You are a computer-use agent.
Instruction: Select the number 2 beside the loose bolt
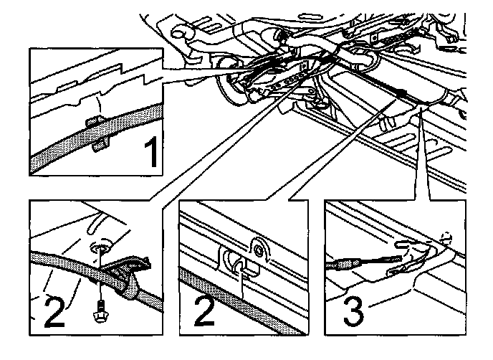click(x=54, y=311)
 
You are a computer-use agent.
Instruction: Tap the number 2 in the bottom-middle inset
click(x=204, y=311)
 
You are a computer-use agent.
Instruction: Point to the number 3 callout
click(x=353, y=311)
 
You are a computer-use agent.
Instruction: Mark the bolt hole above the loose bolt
click(x=100, y=249)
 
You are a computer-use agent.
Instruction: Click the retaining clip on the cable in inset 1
click(x=97, y=132)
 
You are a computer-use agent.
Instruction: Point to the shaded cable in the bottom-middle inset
click(x=242, y=302)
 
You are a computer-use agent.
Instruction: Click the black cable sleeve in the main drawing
click(x=401, y=93)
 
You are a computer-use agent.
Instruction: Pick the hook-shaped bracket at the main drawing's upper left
click(x=180, y=33)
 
